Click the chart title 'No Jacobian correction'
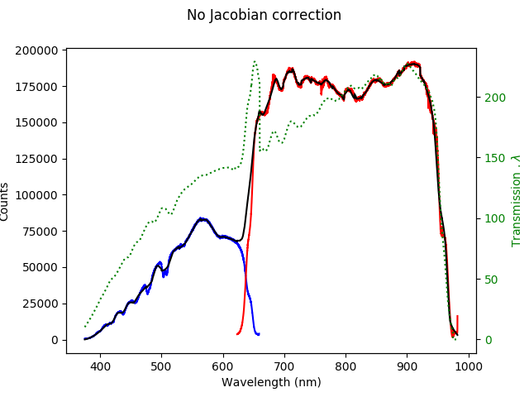pyautogui.click(x=264, y=15)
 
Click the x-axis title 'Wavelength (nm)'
pyautogui.click(x=271, y=382)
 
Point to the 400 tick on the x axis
pyautogui.click(x=100, y=366)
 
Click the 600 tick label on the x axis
pyautogui.click(x=222, y=366)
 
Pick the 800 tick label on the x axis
pyautogui.click(x=346, y=366)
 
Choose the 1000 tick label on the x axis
pyautogui.click(x=469, y=366)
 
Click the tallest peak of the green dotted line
pyautogui.click(x=255, y=60)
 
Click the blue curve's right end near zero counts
pyautogui.click(x=259, y=334)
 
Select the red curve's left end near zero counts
pyautogui.click(x=237, y=334)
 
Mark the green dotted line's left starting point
pyautogui.click(x=85, y=326)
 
